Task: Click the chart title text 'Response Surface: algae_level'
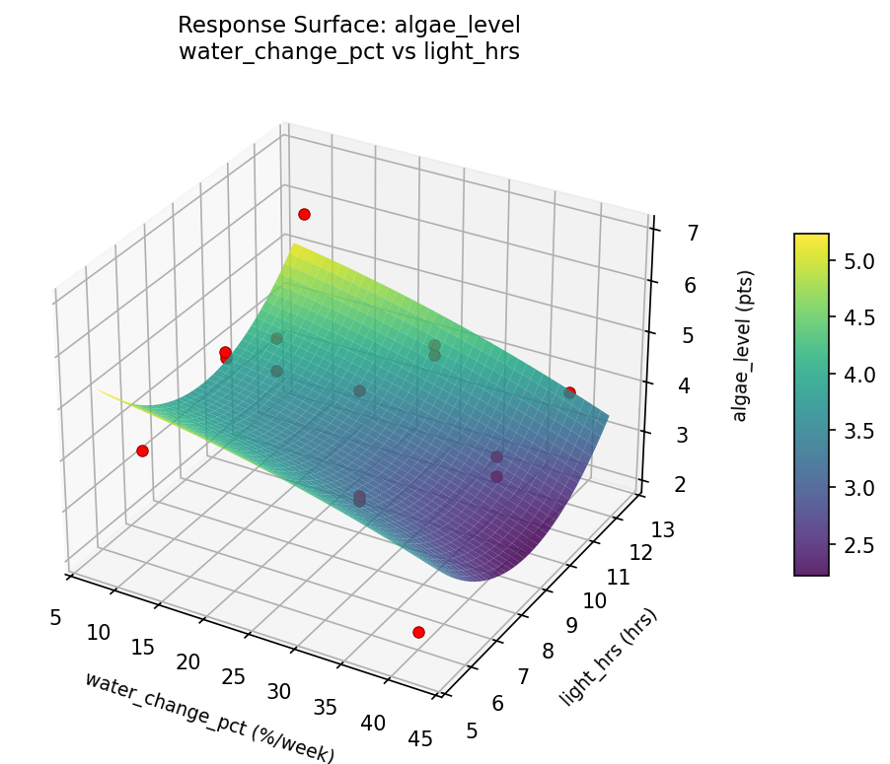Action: tap(348, 25)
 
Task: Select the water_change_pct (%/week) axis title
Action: tap(209, 717)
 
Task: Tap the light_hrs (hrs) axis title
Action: tap(608, 658)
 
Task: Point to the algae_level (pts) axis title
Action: tap(740, 345)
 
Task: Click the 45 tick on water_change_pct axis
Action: tap(419, 739)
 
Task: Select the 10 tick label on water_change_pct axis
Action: tap(98, 632)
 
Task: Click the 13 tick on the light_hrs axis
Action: tap(663, 530)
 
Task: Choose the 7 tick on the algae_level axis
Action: tap(666, 234)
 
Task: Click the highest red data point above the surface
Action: tap(304, 214)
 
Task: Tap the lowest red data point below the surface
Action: tap(418, 632)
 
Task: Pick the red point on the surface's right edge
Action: tap(569, 392)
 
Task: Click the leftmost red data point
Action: tap(142, 451)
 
